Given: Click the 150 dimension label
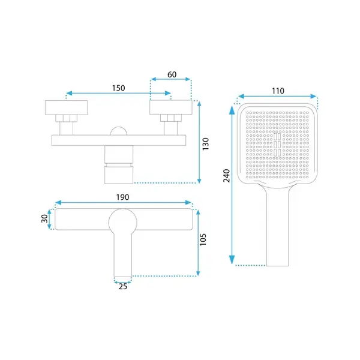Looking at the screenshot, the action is (x=118, y=88).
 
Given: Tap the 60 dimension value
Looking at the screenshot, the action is (x=172, y=74).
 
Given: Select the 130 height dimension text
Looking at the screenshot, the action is (x=205, y=144).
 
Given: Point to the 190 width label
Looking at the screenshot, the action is (x=122, y=197).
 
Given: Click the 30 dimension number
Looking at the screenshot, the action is (x=44, y=218).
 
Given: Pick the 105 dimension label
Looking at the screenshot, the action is (x=203, y=239).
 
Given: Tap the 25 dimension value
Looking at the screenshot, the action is (x=123, y=287).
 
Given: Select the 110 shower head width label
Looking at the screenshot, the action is (x=278, y=91).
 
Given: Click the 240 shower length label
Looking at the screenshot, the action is (x=227, y=176).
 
